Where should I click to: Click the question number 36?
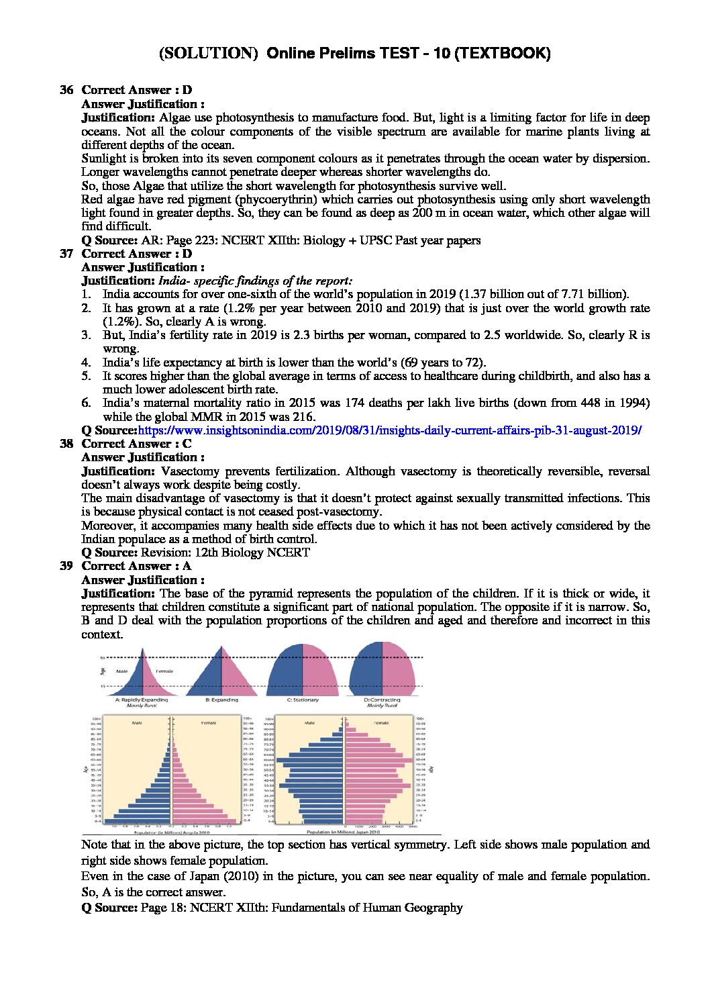[x=66, y=90]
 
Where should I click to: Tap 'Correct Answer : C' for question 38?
[x=136, y=444]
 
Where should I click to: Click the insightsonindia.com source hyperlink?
[x=389, y=430]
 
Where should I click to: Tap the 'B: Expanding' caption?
[x=221, y=700]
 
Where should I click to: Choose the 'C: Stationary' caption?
[x=303, y=700]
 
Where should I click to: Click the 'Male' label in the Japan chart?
[x=309, y=723]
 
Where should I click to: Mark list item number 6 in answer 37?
[x=86, y=403]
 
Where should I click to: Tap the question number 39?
[x=66, y=566]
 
